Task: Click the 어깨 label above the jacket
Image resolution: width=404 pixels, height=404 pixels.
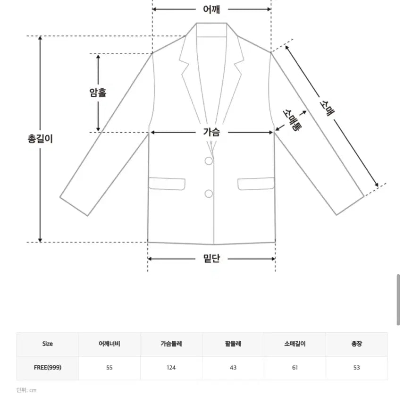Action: pos(211,9)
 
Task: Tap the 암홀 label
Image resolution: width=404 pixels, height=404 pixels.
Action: pos(98,92)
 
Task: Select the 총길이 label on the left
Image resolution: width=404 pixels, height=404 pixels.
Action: pos(40,139)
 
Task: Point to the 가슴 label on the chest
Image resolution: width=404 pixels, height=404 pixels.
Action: pos(211,132)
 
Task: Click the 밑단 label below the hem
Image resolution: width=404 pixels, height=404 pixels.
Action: pos(211,258)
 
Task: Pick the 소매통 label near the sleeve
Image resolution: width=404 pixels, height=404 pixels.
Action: pos(292,120)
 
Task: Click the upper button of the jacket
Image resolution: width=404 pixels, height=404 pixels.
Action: pos(209,161)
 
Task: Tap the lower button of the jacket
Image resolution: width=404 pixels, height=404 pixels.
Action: pos(209,194)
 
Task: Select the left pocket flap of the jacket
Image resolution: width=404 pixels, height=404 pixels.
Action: pos(167,184)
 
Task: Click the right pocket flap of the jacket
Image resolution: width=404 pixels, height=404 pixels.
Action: pos(256,184)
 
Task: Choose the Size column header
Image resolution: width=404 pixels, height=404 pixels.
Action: pos(47,344)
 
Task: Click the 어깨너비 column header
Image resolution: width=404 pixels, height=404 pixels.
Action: pos(109,344)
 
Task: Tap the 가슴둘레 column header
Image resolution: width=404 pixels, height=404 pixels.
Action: pos(171,344)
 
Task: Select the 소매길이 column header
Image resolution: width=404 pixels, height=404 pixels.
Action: pos(295,344)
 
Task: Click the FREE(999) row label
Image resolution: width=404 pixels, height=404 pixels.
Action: pos(48,367)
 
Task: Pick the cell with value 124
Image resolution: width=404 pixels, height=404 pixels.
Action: pos(171,368)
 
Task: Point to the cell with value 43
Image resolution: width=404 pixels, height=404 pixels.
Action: pos(233,368)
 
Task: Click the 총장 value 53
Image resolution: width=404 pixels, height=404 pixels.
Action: pos(357,368)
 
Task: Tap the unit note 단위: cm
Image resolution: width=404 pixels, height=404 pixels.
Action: pos(26,390)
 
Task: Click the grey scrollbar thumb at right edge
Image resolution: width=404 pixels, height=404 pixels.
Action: pos(398,300)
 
